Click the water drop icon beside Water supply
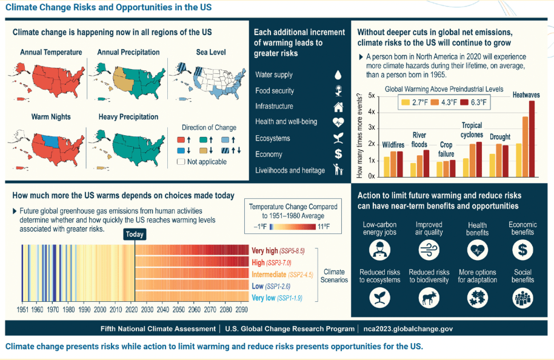tap(338, 75)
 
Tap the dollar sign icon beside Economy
tap(338, 155)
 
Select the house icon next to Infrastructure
tap(338, 107)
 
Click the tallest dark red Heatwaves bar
tap(532, 138)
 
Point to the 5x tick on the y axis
tap(370, 96)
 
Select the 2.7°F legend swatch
tap(404, 102)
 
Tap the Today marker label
tap(135, 234)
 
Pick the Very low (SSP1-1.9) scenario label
tap(276, 298)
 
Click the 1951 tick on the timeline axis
tap(22, 309)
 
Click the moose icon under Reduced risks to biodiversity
tap(429, 297)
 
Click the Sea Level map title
tap(211, 53)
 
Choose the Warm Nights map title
tap(51, 116)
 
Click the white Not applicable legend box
tap(180, 162)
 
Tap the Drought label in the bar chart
tap(500, 137)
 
